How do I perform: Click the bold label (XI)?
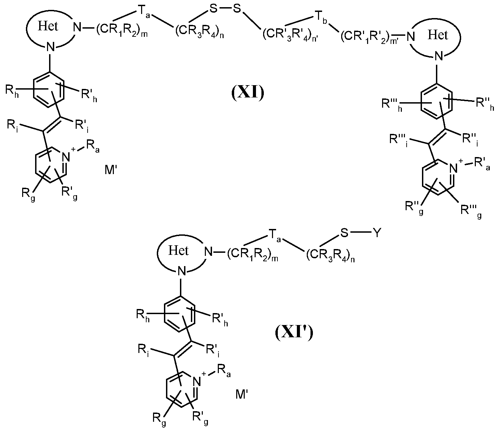click(x=248, y=93)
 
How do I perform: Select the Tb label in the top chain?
click(x=322, y=18)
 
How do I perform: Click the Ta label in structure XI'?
click(x=275, y=235)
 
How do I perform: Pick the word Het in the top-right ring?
click(x=438, y=35)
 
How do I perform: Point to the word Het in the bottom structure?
click(x=178, y=250)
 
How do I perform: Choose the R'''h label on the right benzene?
click(x=392, y=105)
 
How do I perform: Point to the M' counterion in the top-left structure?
click(x=111, y=170)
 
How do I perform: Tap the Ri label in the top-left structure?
click(x=14, y=126)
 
